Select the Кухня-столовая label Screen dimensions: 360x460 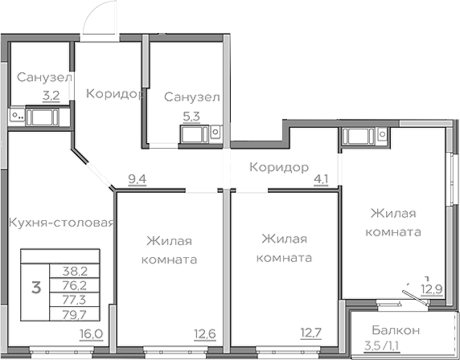click(x=60, y=223)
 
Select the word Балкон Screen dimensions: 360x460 click(x=396, y=330)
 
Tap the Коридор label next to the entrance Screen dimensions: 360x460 click(x=114, y=93)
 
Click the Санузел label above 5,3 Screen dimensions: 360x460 click(x=191, y=97)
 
